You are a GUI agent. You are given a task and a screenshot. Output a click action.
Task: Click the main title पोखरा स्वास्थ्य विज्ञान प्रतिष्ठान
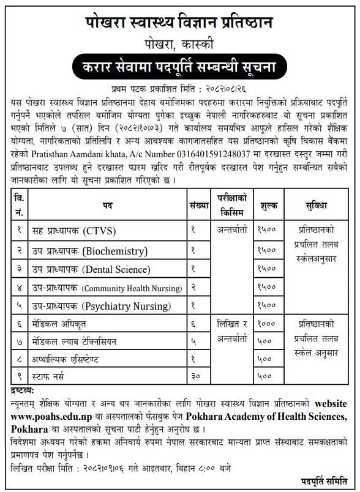tap(179, 22)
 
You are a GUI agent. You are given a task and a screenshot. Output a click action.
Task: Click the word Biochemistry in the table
tap(115, 250)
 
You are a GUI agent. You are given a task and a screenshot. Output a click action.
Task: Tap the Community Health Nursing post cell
tap(107, 288)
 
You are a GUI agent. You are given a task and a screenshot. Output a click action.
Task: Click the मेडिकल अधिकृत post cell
tap(61, 324)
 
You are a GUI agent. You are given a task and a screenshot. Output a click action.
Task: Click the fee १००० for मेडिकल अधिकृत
tap(267, 324)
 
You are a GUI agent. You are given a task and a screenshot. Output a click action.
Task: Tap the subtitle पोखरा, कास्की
tap(179, 45)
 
